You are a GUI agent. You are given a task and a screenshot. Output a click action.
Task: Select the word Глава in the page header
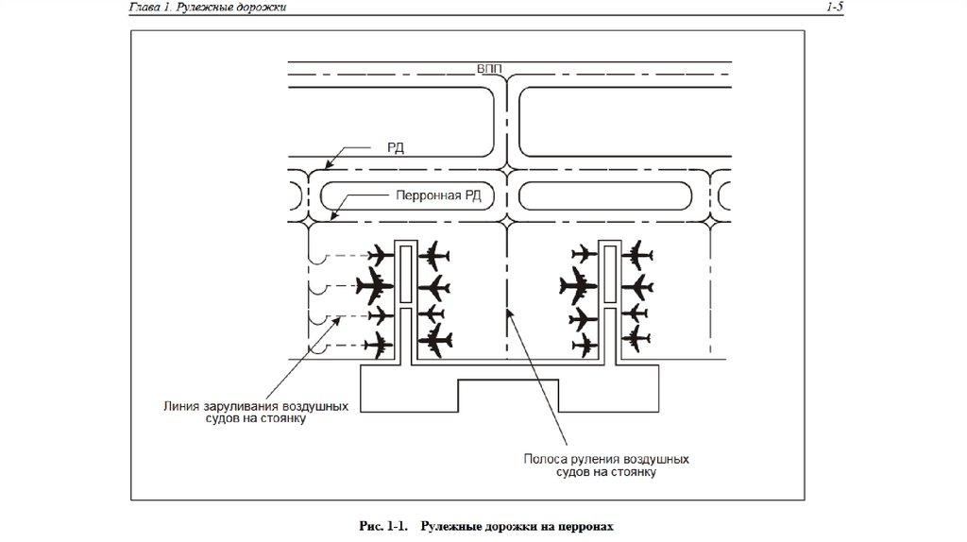coord(148,8)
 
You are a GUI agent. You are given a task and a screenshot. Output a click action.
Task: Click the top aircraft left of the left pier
coord(382,255)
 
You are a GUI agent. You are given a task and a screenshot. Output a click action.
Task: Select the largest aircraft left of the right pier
coord(579,283)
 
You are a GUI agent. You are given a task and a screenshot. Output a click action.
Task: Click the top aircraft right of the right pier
coord(639,254)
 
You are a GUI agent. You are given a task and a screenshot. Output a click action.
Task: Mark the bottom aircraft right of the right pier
coord(639,337)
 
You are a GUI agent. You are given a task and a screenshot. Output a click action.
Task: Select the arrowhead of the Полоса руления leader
coord(510,313)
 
